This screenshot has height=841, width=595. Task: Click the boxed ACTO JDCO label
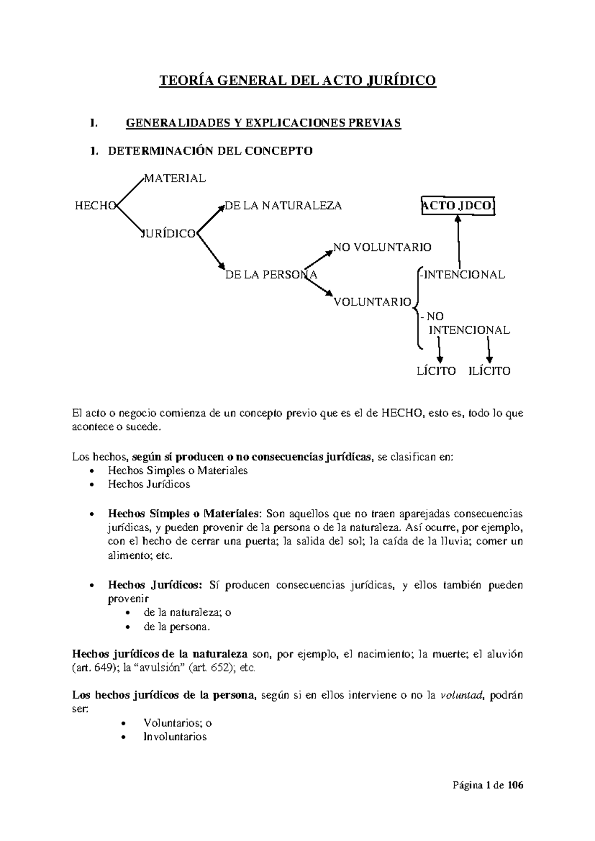(458, 206)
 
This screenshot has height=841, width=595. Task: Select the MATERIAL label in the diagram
(174, 179)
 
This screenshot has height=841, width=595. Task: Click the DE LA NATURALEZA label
(283, 206)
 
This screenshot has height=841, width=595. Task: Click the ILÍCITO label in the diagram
(489, 371)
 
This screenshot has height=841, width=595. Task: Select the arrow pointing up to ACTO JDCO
(459, 243)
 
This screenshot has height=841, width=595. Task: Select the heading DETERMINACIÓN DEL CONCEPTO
(210, 151)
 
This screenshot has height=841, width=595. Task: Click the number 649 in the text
(102, 668)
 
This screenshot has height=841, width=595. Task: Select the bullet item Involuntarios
(175, 737)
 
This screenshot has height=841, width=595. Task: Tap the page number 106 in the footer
(515, 785)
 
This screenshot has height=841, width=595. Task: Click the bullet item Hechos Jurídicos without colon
(149, 484)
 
